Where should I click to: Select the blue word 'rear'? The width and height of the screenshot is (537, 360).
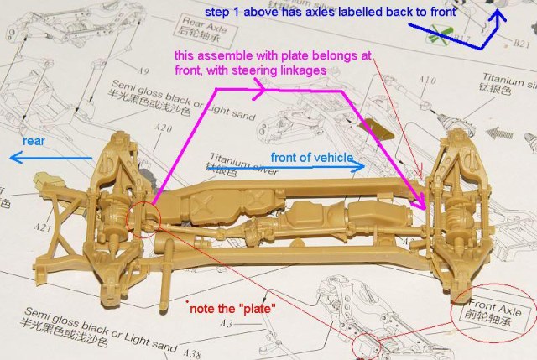(34, 140)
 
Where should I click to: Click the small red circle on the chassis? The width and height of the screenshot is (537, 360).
(143, 217)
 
